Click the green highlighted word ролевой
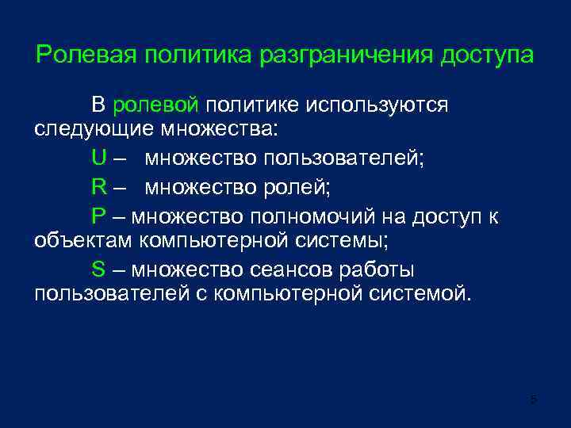pyautogui.click(x=159, y=105)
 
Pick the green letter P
pyautogui.click(x=98, y=216)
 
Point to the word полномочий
pyautogui.click(x=307, y=216)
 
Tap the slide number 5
pyautogui.click(x=533, y=399)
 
